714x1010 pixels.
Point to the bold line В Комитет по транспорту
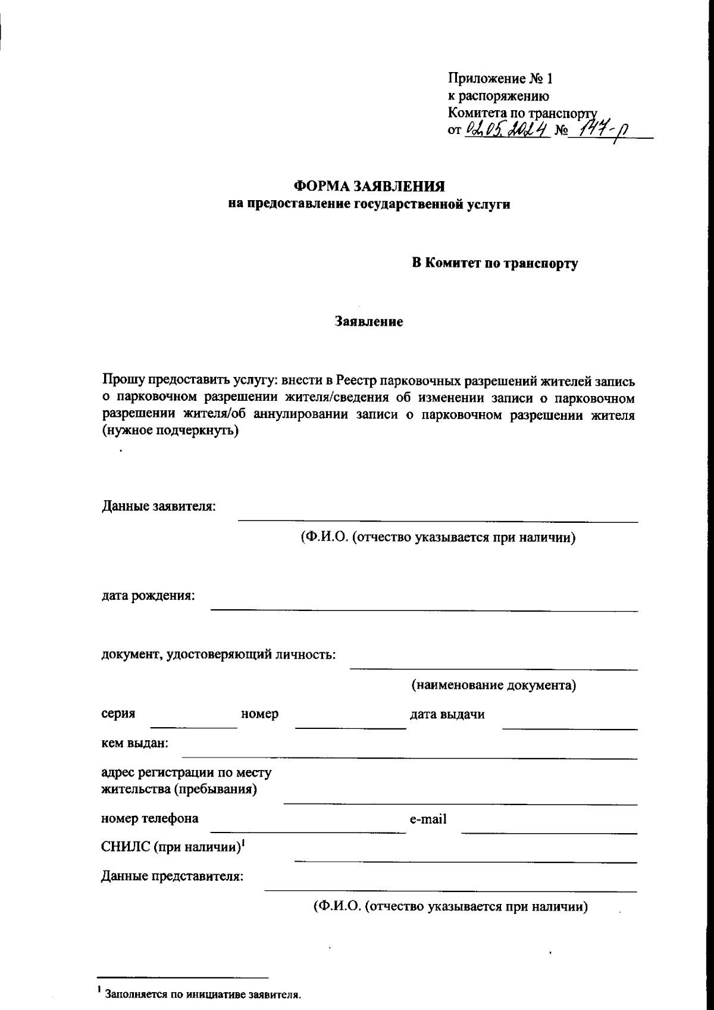(x=495, y=263)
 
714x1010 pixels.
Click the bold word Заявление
(x=369, y=322)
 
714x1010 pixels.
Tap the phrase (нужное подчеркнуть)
(x=171, y=431)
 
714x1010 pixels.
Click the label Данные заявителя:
(x=159, y=507)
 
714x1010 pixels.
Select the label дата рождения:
(x=148, y=596)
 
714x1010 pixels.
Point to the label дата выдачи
(x=447, y=714)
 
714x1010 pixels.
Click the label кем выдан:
(x=135, y=743)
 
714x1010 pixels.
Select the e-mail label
(x=428, y=819)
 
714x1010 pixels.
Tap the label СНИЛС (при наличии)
(x=173, y=847)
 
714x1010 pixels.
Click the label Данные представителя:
(x=173, y=877)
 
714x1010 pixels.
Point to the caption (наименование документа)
(x=494, y=685)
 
